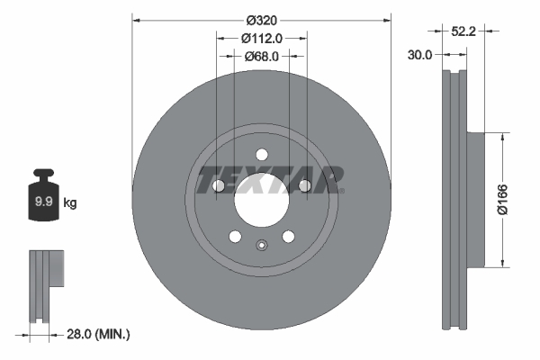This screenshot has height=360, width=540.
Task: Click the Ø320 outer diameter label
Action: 262,17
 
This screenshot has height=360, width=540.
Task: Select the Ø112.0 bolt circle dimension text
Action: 262,38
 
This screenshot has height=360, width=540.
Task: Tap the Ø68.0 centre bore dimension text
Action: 262,56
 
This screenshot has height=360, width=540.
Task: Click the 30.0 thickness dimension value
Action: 419,54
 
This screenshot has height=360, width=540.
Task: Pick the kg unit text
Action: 69,203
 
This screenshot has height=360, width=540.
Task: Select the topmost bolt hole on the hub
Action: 261,153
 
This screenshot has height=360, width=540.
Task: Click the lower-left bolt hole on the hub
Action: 235,237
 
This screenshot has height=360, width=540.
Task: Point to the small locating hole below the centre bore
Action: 261,246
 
